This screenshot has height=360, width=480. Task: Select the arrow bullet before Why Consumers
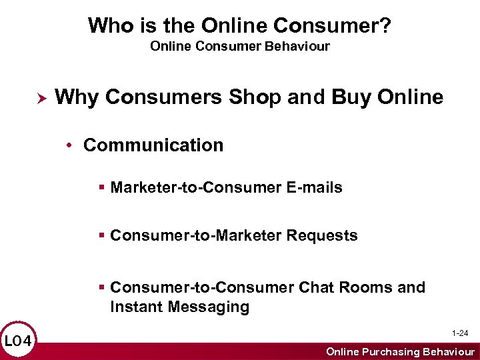point(39,98)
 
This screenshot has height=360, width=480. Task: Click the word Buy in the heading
point(345,97)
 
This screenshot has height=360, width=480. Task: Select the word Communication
point(153,145)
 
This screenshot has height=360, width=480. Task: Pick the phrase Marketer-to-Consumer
point(197,188)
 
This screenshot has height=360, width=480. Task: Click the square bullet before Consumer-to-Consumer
point(101,287)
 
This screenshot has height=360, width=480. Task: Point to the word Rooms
point(366,287)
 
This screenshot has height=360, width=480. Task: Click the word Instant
point(137,307)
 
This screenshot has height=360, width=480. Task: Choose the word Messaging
point(209,307)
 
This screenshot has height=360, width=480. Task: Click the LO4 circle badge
point(18,341)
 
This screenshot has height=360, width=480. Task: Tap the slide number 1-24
point(460,333)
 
